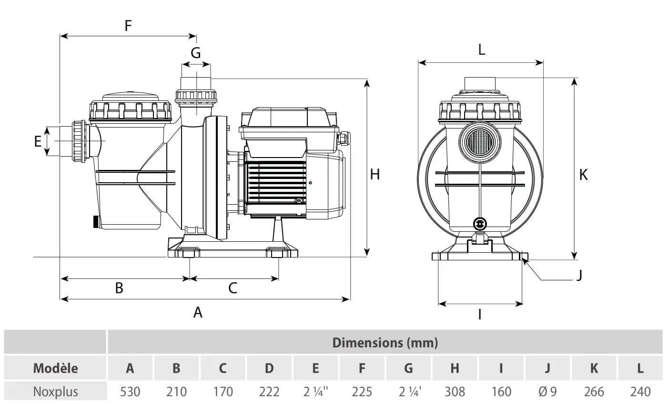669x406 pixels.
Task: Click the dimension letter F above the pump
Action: coord(128,25)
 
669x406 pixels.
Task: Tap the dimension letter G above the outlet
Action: coord(196,53)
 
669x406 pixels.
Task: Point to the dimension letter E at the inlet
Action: coord(38,141)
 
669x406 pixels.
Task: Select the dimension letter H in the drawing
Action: coord(375,175)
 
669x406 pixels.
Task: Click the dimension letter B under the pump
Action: coord(119,287)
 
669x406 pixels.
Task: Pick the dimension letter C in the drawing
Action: coord(233,287)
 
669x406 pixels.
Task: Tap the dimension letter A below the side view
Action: coord(198,312)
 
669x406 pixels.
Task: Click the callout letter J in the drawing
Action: coord(579,275)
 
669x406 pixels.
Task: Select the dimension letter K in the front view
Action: coord(583,175)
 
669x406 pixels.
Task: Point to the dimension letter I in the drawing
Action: coord(480,314)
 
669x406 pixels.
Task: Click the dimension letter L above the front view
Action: coord(481,50)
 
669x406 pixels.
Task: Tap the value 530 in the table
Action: coord(130,392)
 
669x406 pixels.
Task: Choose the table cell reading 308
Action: coord(455,392)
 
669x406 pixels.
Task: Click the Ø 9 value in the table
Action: coord(547,392)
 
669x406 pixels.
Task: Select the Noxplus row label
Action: coord(55,392)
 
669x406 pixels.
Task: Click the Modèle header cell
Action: coord(55,368)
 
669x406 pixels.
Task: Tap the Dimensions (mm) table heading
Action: coord(385,342)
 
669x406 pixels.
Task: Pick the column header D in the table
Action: coord(269,368)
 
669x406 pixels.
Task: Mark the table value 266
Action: coord(594,392)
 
